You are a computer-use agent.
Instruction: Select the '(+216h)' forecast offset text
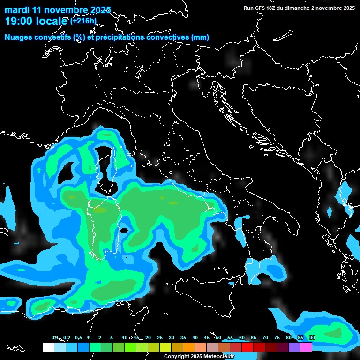pyautogui.click(x=83, y=21)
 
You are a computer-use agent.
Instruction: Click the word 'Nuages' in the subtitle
pyautogui.click(x=19, y=37)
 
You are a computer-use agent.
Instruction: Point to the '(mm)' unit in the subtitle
pyautogui.click(x=200, y=37)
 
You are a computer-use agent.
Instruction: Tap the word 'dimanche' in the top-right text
pyautogui.click(x=298, y=8)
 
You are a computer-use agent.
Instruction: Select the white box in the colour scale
pyautogui.click(x=48, y=347)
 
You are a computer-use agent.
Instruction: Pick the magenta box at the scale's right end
pyautogui.click(x=306, y=347)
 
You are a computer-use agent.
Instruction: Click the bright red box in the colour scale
pyautogui.click(x=247, y=347)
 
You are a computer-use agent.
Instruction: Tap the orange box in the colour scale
pyautogui.click(x=189, y=347)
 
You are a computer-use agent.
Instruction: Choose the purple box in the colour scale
pyautogui.click(x=294, y=347)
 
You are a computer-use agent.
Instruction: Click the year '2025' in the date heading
pyautogui.click(x=99, y=10)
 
